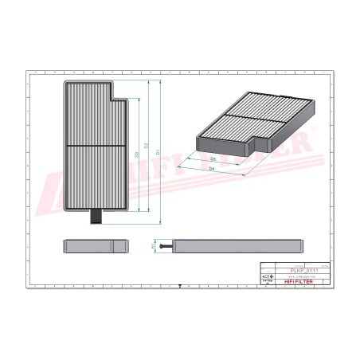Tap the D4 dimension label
[212, 170]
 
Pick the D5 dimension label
[213, 159]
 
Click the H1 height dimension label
[153, 245]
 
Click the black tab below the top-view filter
[97, 216]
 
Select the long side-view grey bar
[240, 245]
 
